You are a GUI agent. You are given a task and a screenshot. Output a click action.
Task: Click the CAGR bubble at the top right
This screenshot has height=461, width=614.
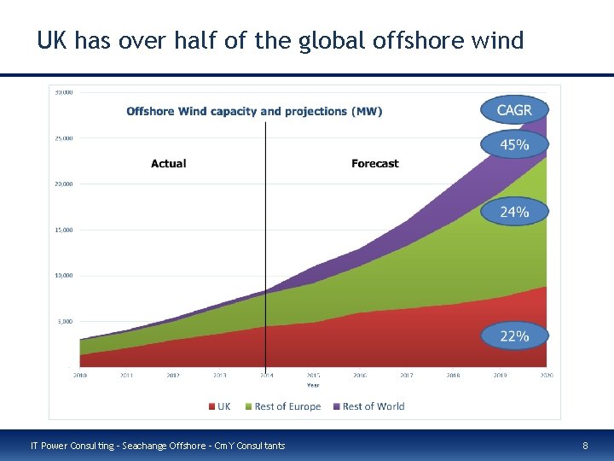click(x=513, y=110)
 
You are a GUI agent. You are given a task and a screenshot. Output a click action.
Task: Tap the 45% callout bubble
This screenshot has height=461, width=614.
click(x=513, y=144)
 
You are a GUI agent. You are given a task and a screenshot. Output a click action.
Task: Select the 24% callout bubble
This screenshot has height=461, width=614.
click(x=513, y=211)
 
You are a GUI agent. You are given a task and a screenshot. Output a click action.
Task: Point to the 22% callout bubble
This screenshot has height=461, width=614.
click(x=513, y=336)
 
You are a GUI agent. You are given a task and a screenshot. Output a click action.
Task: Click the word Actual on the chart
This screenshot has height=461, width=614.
click(x=168, y=164)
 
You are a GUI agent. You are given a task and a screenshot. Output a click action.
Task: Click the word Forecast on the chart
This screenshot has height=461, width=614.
click(x=374, y=164)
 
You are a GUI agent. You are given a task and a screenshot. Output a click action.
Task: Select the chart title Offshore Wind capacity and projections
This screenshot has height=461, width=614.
click(x=254, y=111)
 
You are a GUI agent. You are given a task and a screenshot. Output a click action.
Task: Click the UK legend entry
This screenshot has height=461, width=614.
click(x=218, y=406)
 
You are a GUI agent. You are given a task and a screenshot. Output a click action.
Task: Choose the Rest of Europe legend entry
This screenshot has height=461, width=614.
click(x=282, y=406)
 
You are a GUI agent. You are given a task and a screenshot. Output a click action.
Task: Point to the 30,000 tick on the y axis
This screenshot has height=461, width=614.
click(x=64, y=91)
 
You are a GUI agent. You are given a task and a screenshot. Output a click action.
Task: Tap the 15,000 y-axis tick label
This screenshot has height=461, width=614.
click(x=64, y=230)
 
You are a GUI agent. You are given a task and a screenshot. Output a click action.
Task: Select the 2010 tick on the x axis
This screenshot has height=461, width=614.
click(x=79, y=376)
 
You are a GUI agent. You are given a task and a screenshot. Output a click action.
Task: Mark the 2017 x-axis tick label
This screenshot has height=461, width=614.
click(x=406, y=376)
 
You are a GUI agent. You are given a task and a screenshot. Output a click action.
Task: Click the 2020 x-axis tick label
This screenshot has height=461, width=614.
click(x=546, y=376)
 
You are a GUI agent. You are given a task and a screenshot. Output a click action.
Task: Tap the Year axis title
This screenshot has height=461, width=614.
click(x=313, y=385)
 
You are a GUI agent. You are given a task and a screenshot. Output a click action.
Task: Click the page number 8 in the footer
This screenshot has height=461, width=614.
click(x=585, y=446)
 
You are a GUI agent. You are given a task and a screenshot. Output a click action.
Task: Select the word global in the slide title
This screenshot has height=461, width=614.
click(x=333, y=40)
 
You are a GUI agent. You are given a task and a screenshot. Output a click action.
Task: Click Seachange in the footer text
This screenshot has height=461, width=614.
click(x=151, y=446)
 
